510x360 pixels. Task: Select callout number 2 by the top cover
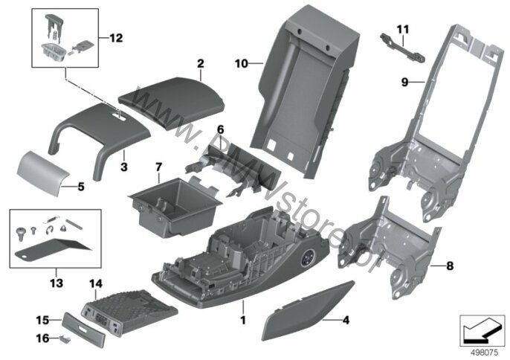click(200, 65)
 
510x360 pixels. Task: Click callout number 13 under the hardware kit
click(57, 283)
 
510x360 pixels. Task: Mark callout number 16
click(43, 338)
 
